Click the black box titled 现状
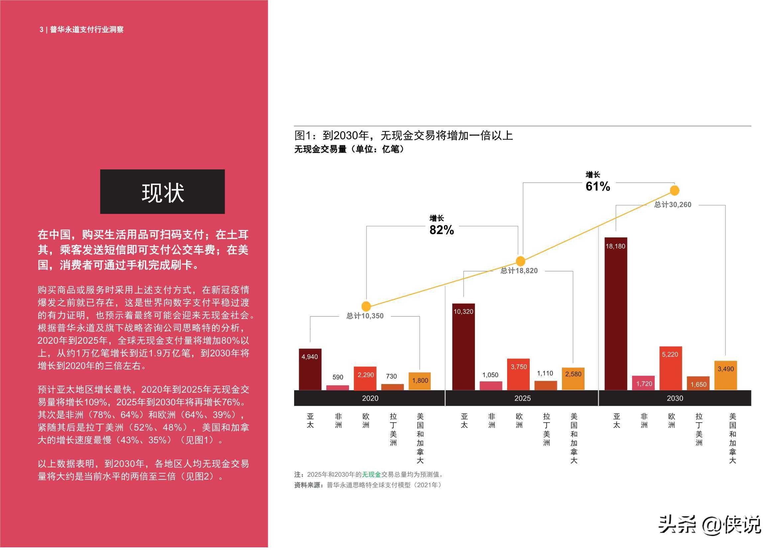pyautogui.click(x=162, y=191)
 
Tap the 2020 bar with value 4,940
pyautogui.click(x=310, y=369)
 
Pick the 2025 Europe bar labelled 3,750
pyautogui.click(x=518, y=374)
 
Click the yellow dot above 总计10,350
pyautogui.click(x=366, y=306)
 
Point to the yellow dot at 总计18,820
pyautogui.click(x=520, y=261)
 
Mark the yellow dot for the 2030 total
pyautogui.click(x=674, y=190)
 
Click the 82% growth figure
pyautogui.click(x=441, y=230)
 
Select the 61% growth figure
pyautogui.click(x=598, y=186)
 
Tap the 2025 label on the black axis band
pyautogui.click(x=522, y=398)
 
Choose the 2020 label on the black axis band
pyautogui.click(x=370, y=398)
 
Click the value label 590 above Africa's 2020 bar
pyautogui.click(x=337, y=377)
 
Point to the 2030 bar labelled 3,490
pyautogui.click(x=725, y=375)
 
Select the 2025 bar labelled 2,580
pyautogui.click(x=573, y=379)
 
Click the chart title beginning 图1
pyautogui.click(x=403, y=135)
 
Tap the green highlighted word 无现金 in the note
pyautogui.click(x=371, y=475)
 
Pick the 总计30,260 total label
pyautogui.click(x=672, y=205)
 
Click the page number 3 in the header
pyautogui.click(x=41, y=30)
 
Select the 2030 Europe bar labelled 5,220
pyautogui.click(x=670, y=368)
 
